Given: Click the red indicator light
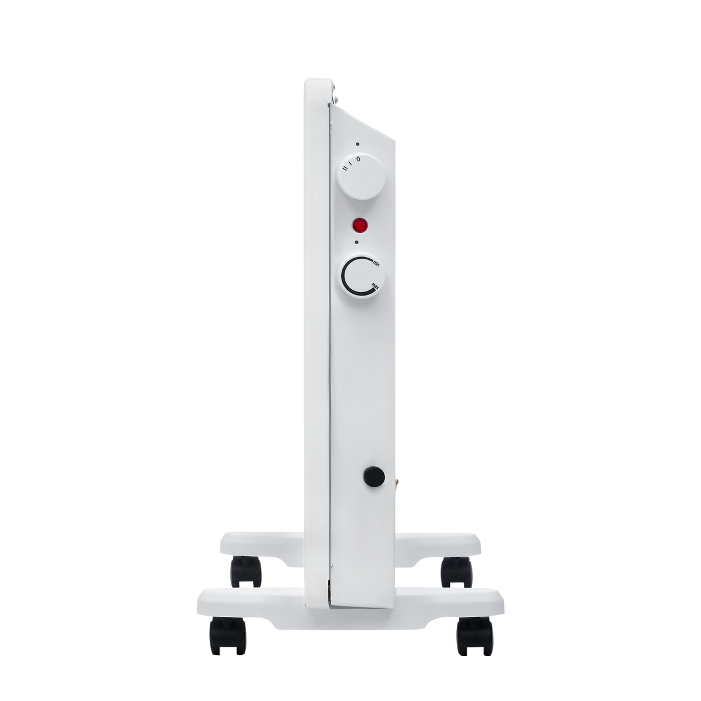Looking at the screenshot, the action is point(359,225).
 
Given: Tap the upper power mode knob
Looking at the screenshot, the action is point(360,176).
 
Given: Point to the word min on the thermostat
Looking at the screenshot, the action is point(376,263).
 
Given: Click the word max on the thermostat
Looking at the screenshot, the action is point(376,286).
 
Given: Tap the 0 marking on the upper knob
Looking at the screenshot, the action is point(358,159).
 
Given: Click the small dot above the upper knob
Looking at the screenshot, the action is point(358,144).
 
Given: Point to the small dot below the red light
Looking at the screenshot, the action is point(356,242).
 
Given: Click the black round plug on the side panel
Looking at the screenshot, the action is point(374,476).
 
